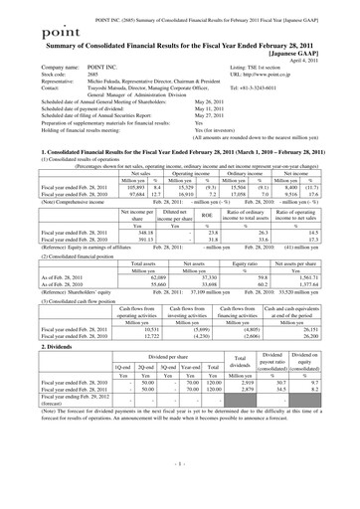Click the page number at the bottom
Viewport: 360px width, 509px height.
[180, 494]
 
